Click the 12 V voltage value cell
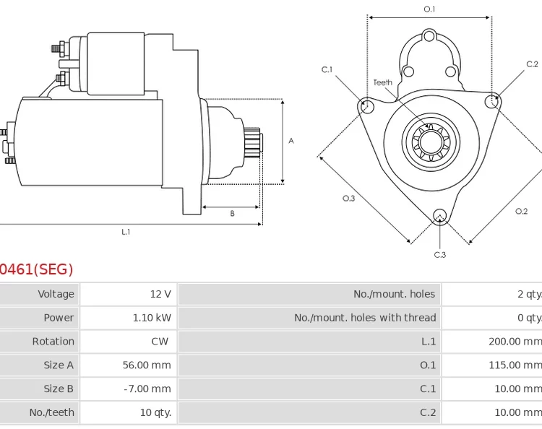click(160, 294)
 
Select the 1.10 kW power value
click(152, 318)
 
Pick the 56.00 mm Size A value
click(147, 365)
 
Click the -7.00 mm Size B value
click(148, 389)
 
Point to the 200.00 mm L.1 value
click(514, 342)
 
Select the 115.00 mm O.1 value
click(514, 365)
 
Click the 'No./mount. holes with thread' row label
click(365, 318)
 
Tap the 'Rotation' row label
click(53, 342)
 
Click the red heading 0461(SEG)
click(36, 269)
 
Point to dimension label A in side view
click(291, 141)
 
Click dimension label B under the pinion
click(232, 214)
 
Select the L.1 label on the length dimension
click(126, 232)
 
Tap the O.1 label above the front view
click(429, 9)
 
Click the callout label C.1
click(327, 70)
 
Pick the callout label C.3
click(439, 254)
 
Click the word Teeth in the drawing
click(383, 82)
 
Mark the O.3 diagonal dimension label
click(348, 199)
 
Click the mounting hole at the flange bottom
click(439, 216)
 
